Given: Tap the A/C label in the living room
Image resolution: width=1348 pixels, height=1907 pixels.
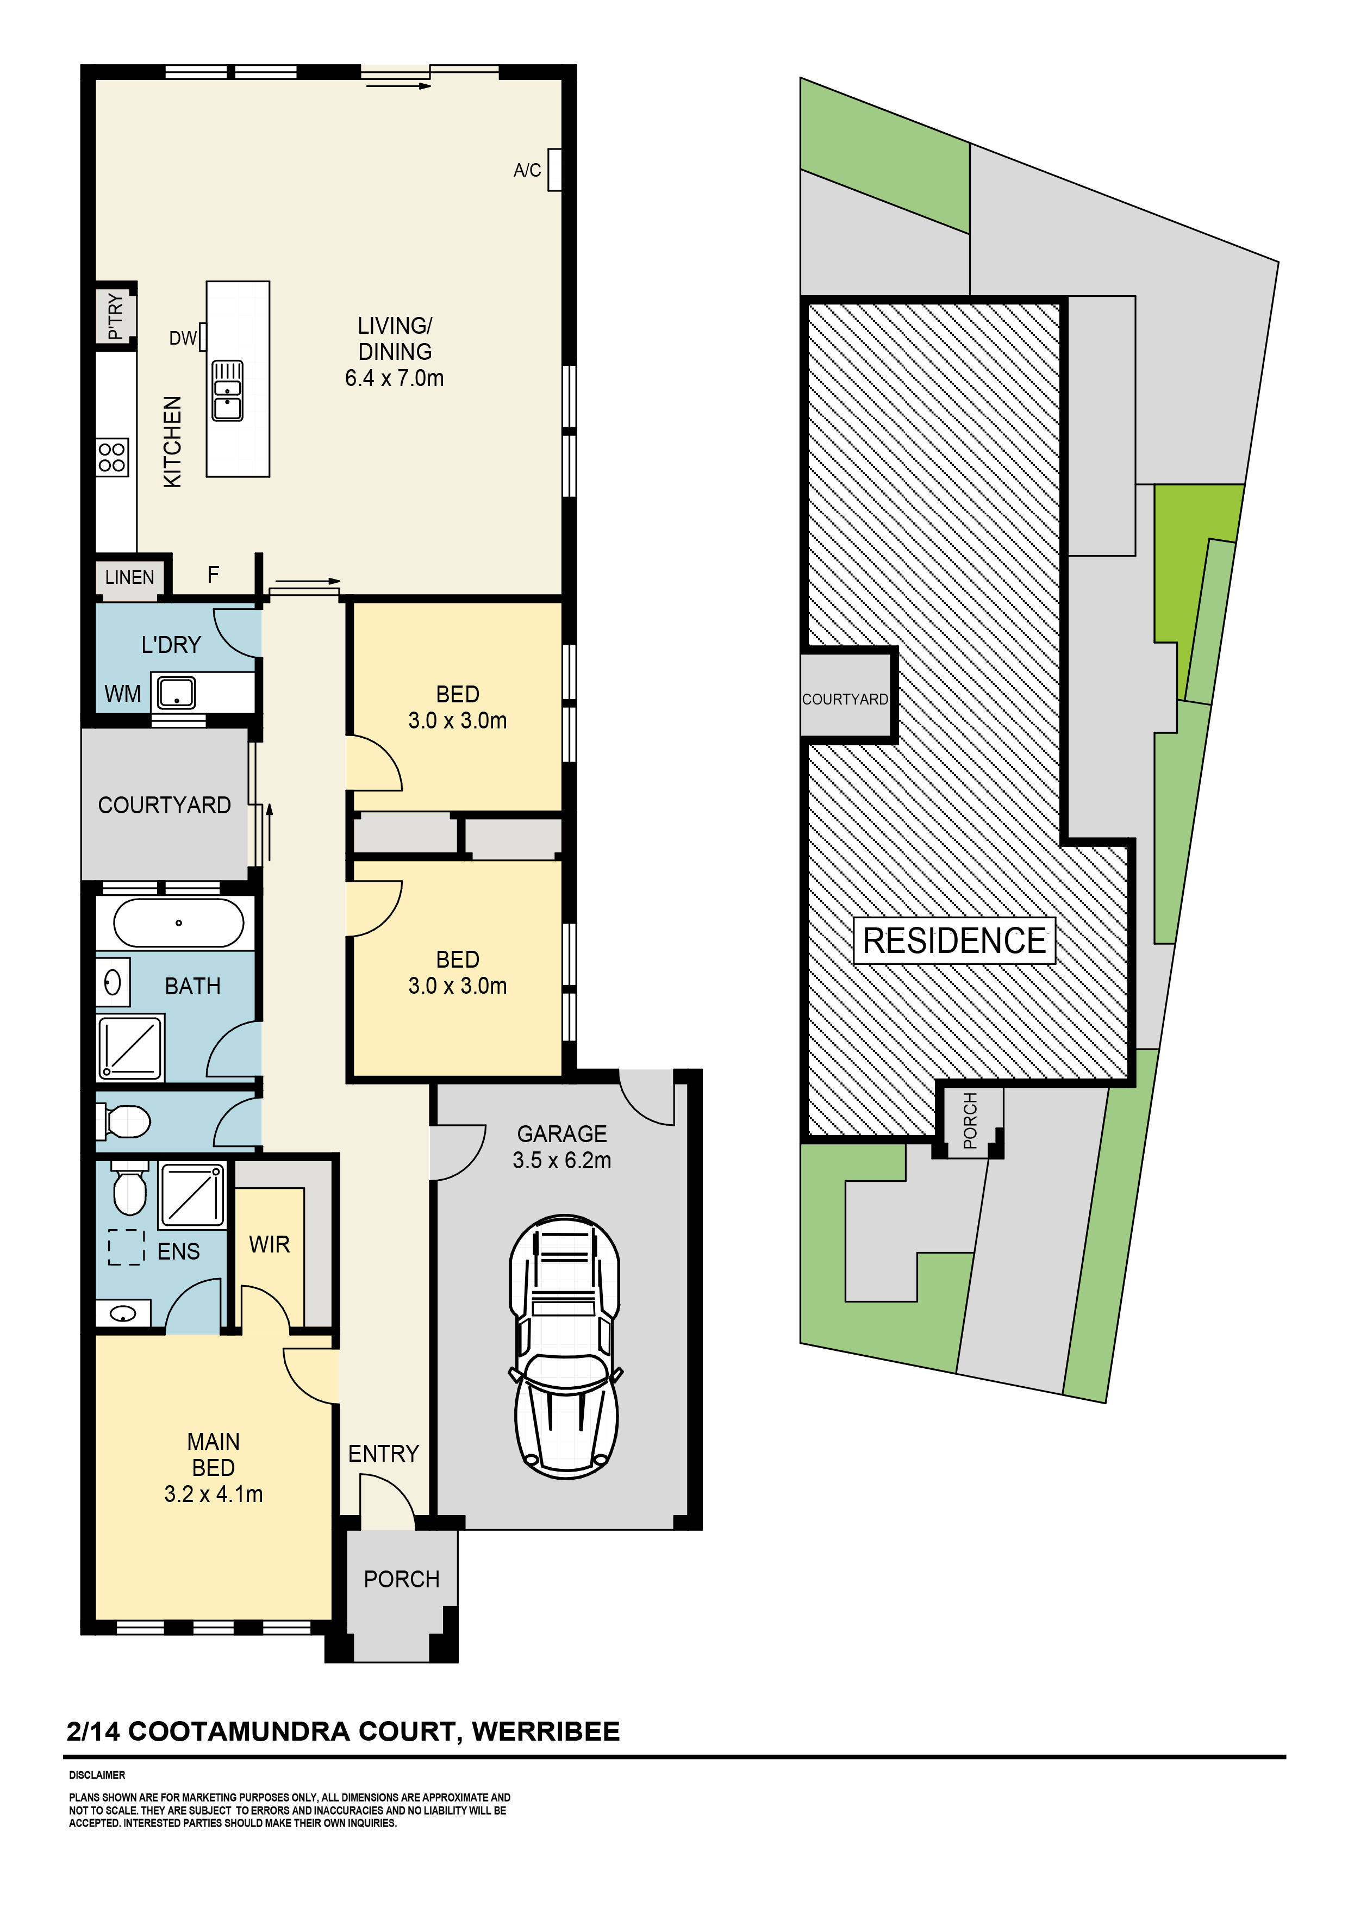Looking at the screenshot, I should [527, 170].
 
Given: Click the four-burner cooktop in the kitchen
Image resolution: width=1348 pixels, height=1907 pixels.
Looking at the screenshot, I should [112, 457].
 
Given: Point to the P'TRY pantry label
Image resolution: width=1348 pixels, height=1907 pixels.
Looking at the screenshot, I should [115, 316].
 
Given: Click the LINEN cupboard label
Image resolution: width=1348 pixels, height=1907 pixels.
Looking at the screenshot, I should [129, 577].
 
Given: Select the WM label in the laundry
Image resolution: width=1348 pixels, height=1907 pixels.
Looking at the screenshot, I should [122, 694].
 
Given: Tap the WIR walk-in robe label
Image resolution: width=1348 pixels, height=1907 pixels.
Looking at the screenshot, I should [269, 1244].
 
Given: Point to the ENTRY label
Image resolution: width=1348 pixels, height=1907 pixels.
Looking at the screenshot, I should [383, 1454].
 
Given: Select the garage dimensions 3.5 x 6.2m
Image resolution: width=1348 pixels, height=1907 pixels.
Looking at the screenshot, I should [561, 1160].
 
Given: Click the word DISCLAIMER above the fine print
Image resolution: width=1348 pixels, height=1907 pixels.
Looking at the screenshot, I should [97, 1775].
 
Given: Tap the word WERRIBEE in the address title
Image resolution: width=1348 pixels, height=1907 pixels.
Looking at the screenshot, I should [546, 1732].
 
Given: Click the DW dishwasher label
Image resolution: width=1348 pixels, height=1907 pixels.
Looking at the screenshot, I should [182, 338].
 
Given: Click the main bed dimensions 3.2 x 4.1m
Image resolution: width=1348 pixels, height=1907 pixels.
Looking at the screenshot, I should [214, 1494].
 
